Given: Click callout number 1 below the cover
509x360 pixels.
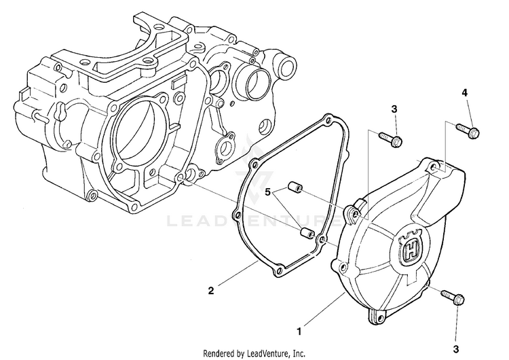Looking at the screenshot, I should pyautogui.click(x=299, y=332).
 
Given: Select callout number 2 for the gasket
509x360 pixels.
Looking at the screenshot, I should pyautogui.click(x=211, y=291).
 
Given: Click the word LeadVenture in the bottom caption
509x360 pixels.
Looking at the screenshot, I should pyautogui.click(x=273, y=353).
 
